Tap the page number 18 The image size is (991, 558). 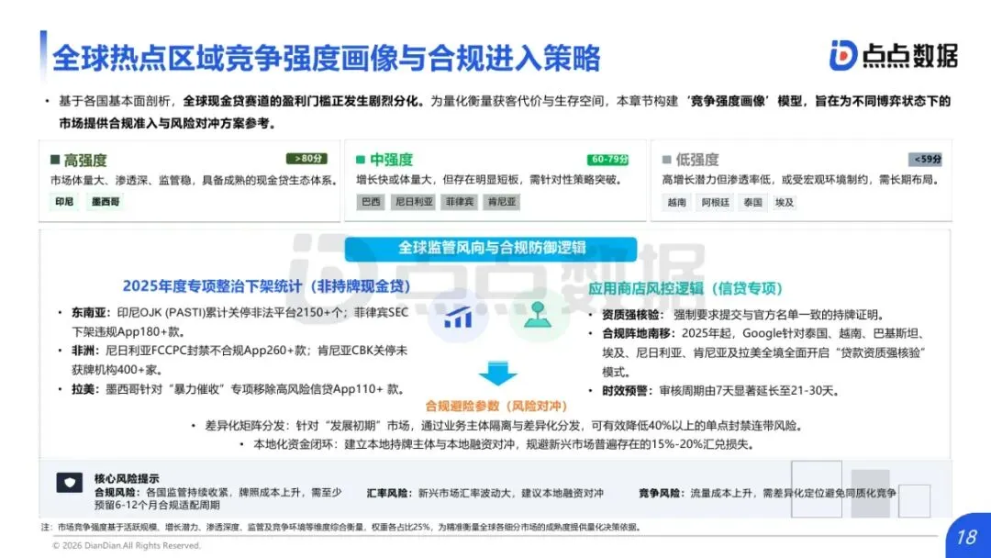[x=965, y=536]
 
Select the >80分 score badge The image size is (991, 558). [x=306, y=159]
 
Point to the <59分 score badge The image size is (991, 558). [x=925, y=159]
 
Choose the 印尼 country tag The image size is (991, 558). [x=64, y=202]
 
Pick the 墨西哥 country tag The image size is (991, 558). [x=105, y=202]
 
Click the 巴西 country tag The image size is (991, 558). [x=372, y=202]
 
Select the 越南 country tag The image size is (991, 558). [x=676, y=202]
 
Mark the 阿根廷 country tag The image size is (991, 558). [x=716, y=202]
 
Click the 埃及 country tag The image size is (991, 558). [x=785, y=202]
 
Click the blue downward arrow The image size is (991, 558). [x=497, y=373]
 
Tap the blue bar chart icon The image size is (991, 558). [x=458, y=318]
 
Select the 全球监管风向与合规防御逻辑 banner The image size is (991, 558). [x=492, y=248]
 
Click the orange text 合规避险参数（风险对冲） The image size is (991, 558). [x=496, y=405]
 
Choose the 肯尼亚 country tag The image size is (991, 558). [x=502, y=202]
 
